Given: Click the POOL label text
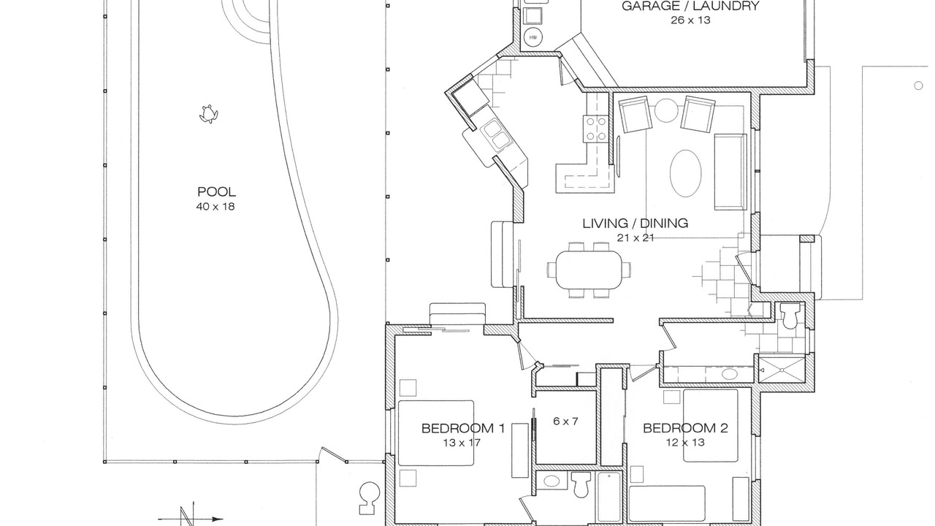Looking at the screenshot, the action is click(x=216, y=191).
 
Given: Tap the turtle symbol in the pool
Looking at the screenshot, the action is click(x=208, y=115).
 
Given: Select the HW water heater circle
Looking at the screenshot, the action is click(x=533, y=37).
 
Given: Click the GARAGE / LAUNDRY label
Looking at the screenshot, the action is click(x=690, y=7).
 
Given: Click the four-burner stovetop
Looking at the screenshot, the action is click(x=595, y=129).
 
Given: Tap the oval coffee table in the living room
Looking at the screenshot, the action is click(x=685, y=173).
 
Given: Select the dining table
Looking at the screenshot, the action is click(x=589, y=270).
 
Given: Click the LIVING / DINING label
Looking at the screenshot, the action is click(x=635, y=224).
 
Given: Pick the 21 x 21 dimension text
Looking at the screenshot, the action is click(x=635, y=238).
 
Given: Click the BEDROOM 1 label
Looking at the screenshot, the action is click(x=463, y=428).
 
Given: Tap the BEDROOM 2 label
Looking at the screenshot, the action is click(x=685, y=428).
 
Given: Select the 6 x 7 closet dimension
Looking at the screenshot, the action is click(x=565, y=422).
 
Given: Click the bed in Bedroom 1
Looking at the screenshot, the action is click(x=436, y=433).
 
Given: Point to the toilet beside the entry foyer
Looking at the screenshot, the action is click(x=790, y=316).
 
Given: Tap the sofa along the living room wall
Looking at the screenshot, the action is click(x=730, y=172).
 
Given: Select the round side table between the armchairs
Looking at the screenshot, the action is click(x=666, y=110).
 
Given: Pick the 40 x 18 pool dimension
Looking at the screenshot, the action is click(x=215, y=207).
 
